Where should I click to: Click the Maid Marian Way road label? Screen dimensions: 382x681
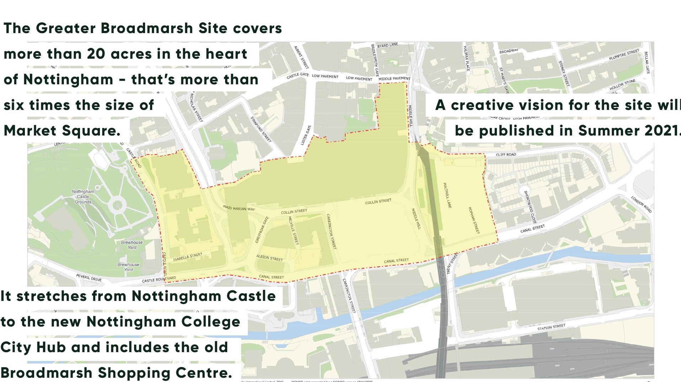239,208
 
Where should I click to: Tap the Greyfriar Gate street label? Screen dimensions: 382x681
262,229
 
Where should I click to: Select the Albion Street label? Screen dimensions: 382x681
269,258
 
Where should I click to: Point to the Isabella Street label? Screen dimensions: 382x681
187,257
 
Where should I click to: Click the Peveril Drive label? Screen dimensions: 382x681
89,277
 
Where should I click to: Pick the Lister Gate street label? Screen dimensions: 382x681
306,135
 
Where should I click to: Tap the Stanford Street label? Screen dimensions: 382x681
261,129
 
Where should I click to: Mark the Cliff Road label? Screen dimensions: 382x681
506,155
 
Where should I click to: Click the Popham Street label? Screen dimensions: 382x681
474,220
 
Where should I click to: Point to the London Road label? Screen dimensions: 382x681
641,204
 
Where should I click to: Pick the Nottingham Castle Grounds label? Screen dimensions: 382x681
83,197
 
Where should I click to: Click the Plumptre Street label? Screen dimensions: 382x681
624,55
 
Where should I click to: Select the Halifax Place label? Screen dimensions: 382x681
467,58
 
